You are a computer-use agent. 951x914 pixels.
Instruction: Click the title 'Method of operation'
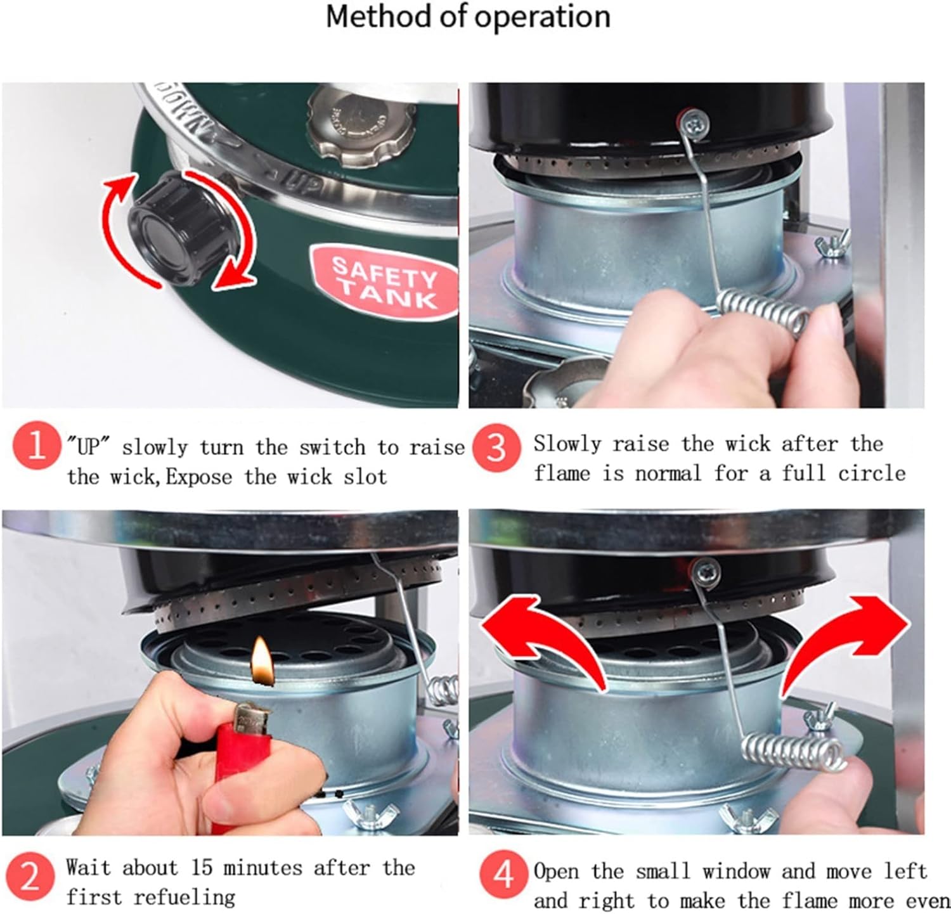pyautogui.click(x=468, y=17)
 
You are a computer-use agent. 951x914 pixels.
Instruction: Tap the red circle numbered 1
pyautogui.click(x=36, y=446)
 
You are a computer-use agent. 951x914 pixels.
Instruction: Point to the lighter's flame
pyautogui.click(x=261, y=662)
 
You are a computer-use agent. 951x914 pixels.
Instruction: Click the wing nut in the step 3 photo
pyautogui.click(x=831, y=244)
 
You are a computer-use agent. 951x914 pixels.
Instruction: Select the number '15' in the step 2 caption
pyautogui.click(x=202, y=868)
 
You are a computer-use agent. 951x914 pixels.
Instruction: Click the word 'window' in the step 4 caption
pyautogui.click(x=736, y=872)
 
